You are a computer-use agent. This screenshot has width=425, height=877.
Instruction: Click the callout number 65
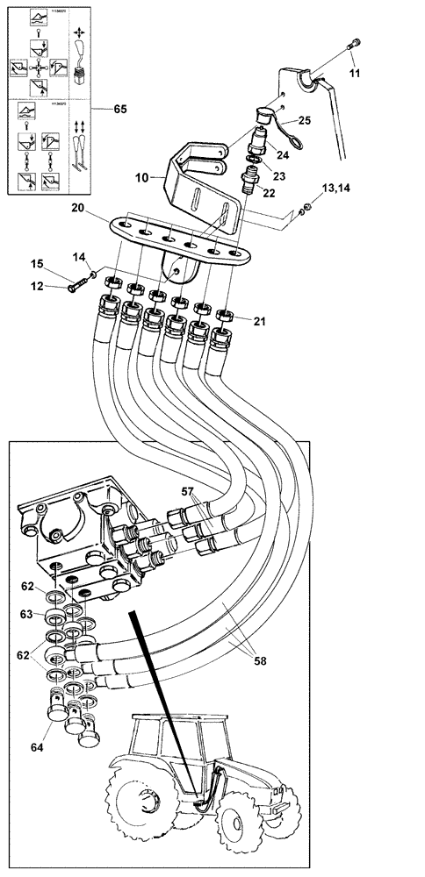(x=119, y=109)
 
